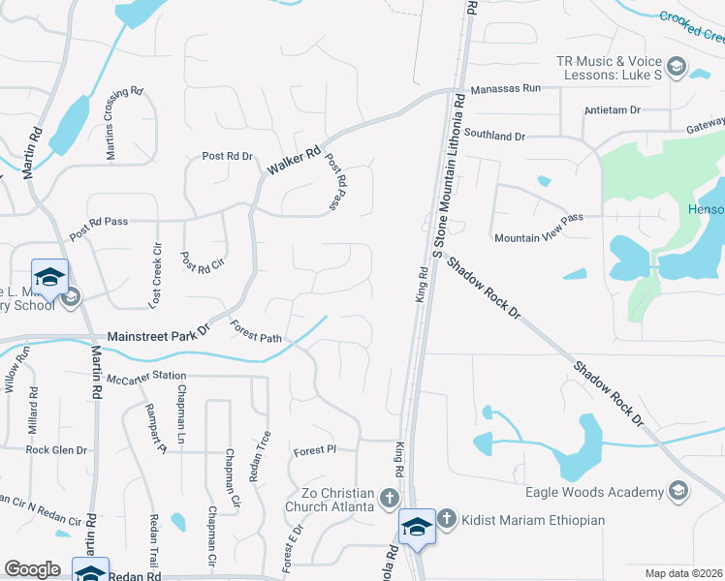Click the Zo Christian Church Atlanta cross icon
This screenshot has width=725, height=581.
(389, 498)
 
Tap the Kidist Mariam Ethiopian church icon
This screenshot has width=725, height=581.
(446, 519)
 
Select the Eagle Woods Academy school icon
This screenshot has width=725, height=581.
(678, 492)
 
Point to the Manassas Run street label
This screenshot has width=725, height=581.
(505, 89)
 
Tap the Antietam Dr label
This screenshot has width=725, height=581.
(613, 110)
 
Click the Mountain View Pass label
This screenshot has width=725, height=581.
(538, 236)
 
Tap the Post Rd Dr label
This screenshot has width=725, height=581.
(227, 156)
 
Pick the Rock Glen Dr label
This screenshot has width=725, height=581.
(56, 450)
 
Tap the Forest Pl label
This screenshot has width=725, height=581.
(314, 450)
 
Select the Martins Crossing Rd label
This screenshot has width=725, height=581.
(125, 123)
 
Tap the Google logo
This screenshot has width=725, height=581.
(32, 569)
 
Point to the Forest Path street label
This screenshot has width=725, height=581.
(256, 333)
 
